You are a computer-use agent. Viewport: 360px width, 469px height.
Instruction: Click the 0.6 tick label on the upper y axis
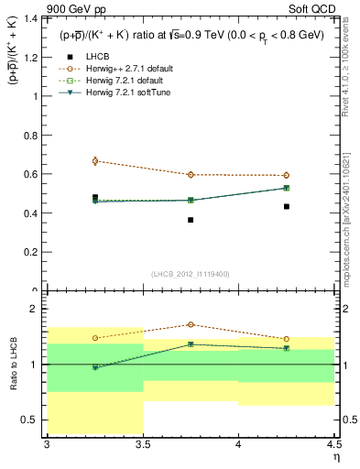point(32,174)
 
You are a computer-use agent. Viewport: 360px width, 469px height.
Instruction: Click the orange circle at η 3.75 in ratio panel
point(191,324)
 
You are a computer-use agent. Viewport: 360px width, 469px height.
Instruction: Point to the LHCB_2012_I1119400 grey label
point(190,274)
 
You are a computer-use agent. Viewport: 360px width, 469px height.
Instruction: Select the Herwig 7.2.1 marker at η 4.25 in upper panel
point(286,188)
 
